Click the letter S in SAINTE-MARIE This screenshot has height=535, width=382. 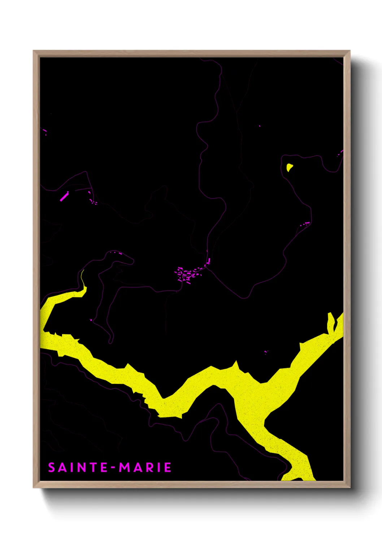52,467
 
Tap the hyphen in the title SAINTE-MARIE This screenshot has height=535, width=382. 113,468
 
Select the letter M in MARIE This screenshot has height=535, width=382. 125,467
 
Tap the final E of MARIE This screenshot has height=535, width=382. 168,467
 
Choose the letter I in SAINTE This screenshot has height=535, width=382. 71,467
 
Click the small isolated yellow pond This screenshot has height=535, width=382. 289,167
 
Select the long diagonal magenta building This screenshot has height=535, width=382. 64,196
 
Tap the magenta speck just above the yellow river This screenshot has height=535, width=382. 266,351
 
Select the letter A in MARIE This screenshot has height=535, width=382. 137,467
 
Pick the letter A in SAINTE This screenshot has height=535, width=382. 62,467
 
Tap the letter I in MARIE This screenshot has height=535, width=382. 158,467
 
